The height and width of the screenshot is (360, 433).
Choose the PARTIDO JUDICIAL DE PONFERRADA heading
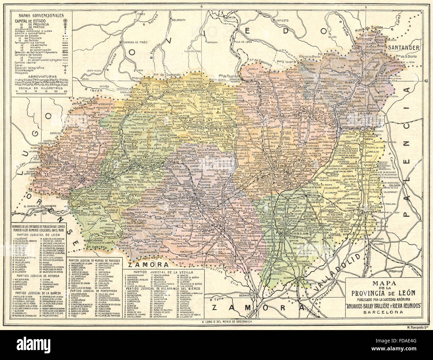pyautogui.click(x=95, y=290)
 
